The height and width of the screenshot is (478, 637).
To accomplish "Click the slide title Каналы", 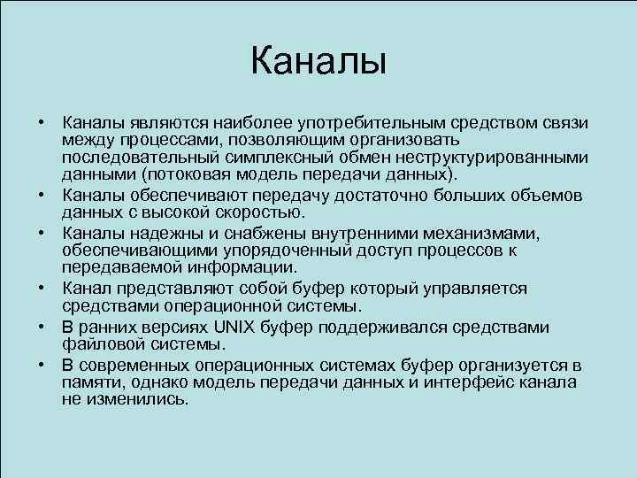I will [x=318, y=62].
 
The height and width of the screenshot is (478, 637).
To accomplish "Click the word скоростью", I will [x=263, y=212].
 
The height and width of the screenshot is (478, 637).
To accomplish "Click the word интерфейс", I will [x=442, y=382].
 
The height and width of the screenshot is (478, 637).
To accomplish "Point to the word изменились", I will [x=137, y=398].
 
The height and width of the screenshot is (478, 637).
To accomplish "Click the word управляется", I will [x=471, y=289].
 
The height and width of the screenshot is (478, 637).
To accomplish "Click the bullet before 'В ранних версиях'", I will [x=42, y=328].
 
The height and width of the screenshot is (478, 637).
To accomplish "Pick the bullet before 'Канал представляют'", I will [x=42, y=289].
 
